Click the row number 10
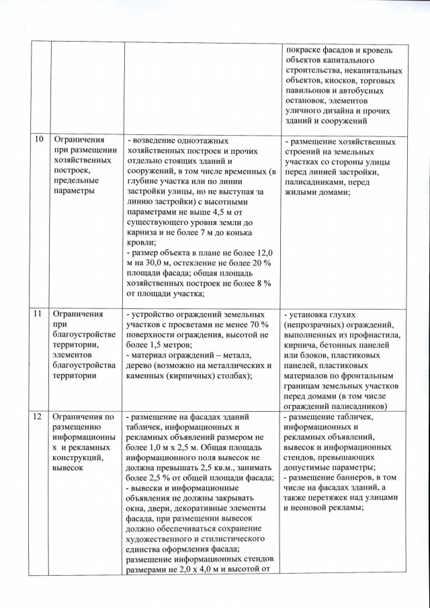pyautogui.click(x=38, y=142)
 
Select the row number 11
pyautogui.click(x=38, y=314)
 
